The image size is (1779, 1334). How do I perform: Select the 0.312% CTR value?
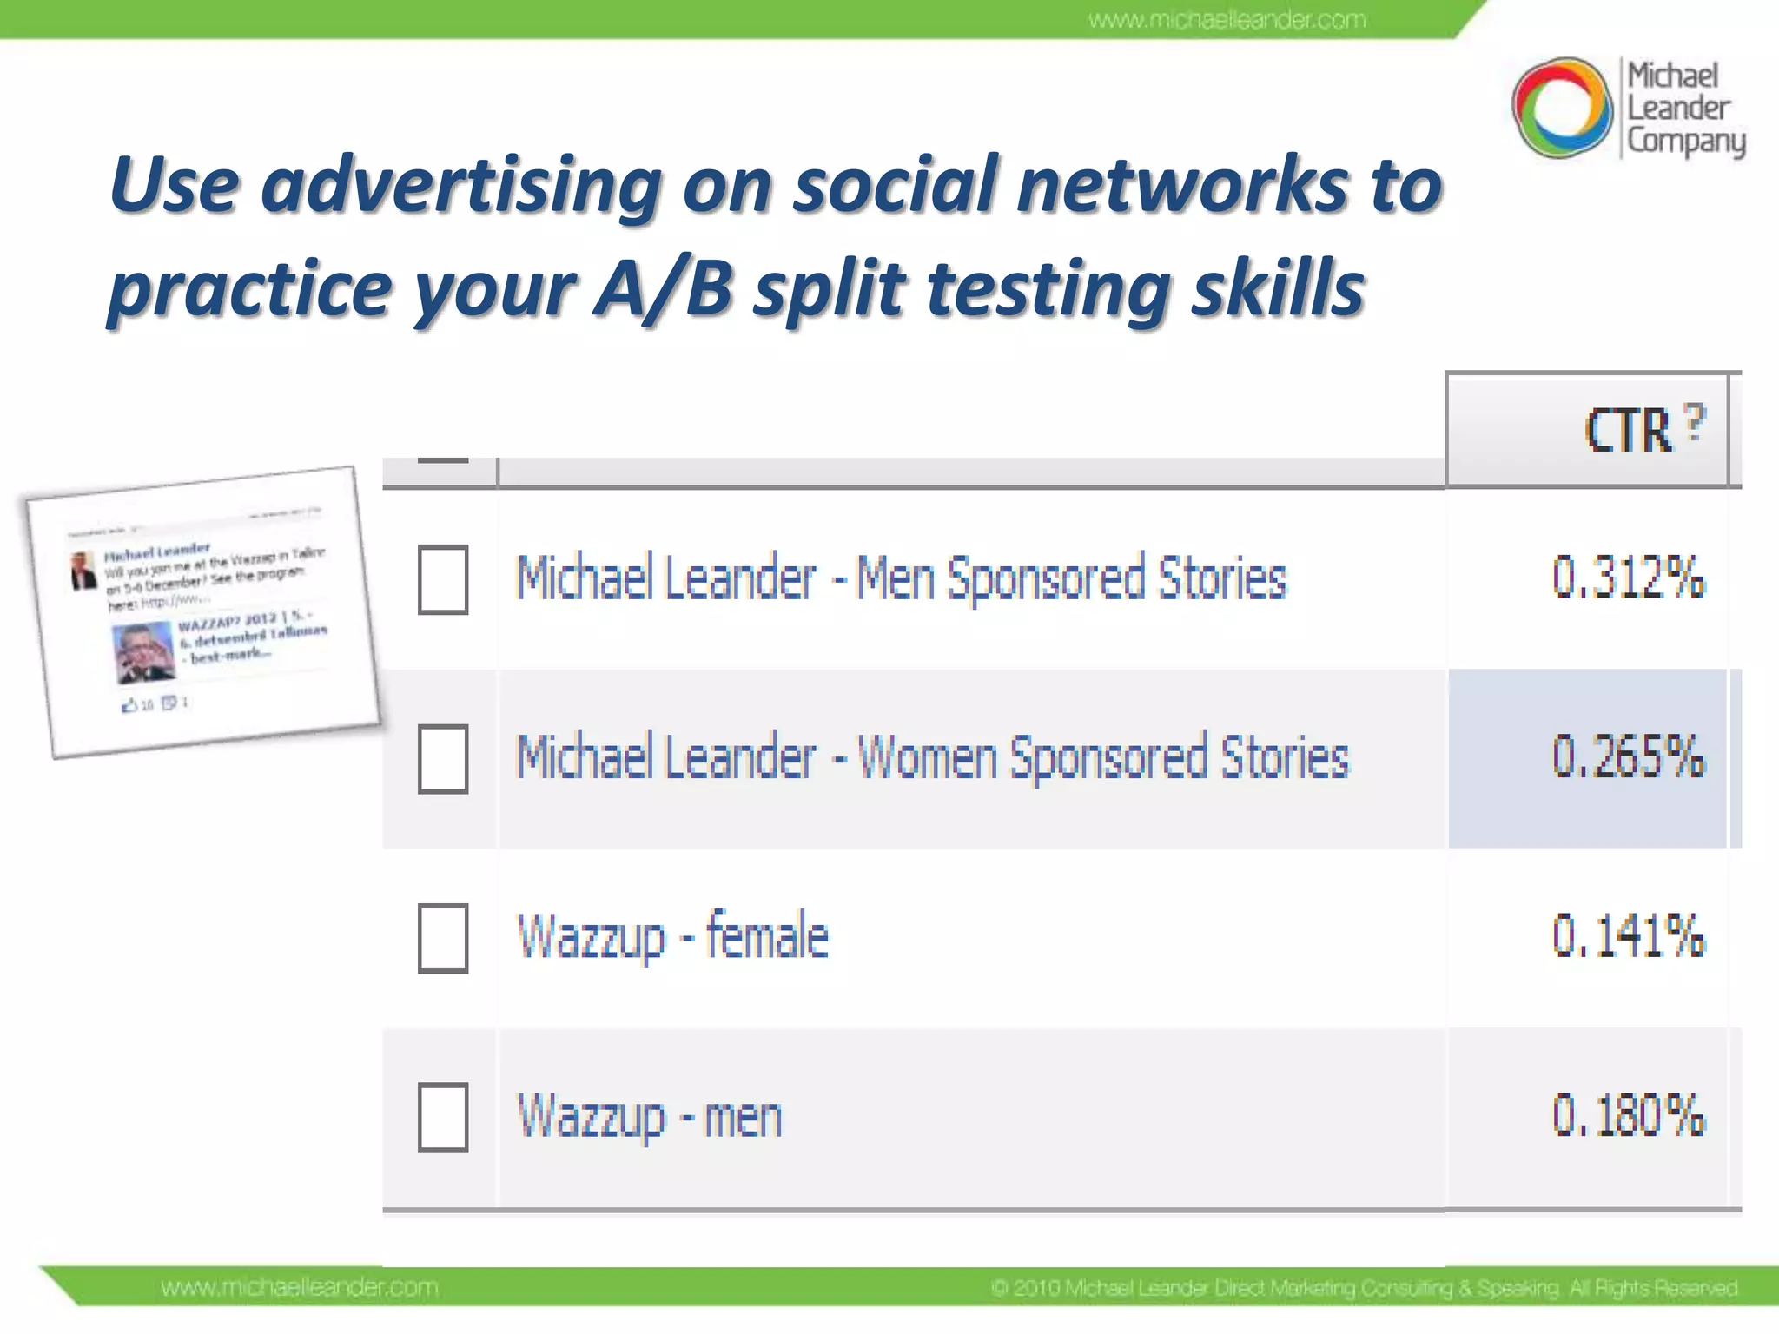pos(1628,578)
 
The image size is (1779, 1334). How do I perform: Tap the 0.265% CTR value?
pos(1628,756)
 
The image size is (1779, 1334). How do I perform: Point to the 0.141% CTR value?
pos(1628,936)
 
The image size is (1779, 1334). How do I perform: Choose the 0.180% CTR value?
pos(1628,1115)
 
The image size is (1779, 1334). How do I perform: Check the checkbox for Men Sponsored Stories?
pos(443,579)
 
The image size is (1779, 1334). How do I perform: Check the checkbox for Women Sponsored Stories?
pos(443,758)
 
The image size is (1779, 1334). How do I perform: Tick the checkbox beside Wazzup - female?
pos(443,938)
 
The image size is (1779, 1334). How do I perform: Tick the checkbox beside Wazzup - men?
pos(443,1117)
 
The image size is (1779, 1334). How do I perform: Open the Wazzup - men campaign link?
pos(650,1117)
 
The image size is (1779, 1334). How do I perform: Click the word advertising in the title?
pos(460,186)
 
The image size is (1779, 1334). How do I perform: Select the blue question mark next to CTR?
pos(1694,422)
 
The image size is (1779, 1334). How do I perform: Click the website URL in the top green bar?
pos(1227,19)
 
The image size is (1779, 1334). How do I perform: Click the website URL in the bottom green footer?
pos(300,1287)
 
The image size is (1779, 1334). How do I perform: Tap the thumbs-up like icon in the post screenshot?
pos(129,705)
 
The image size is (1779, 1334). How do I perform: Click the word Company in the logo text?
pos(1685,141)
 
